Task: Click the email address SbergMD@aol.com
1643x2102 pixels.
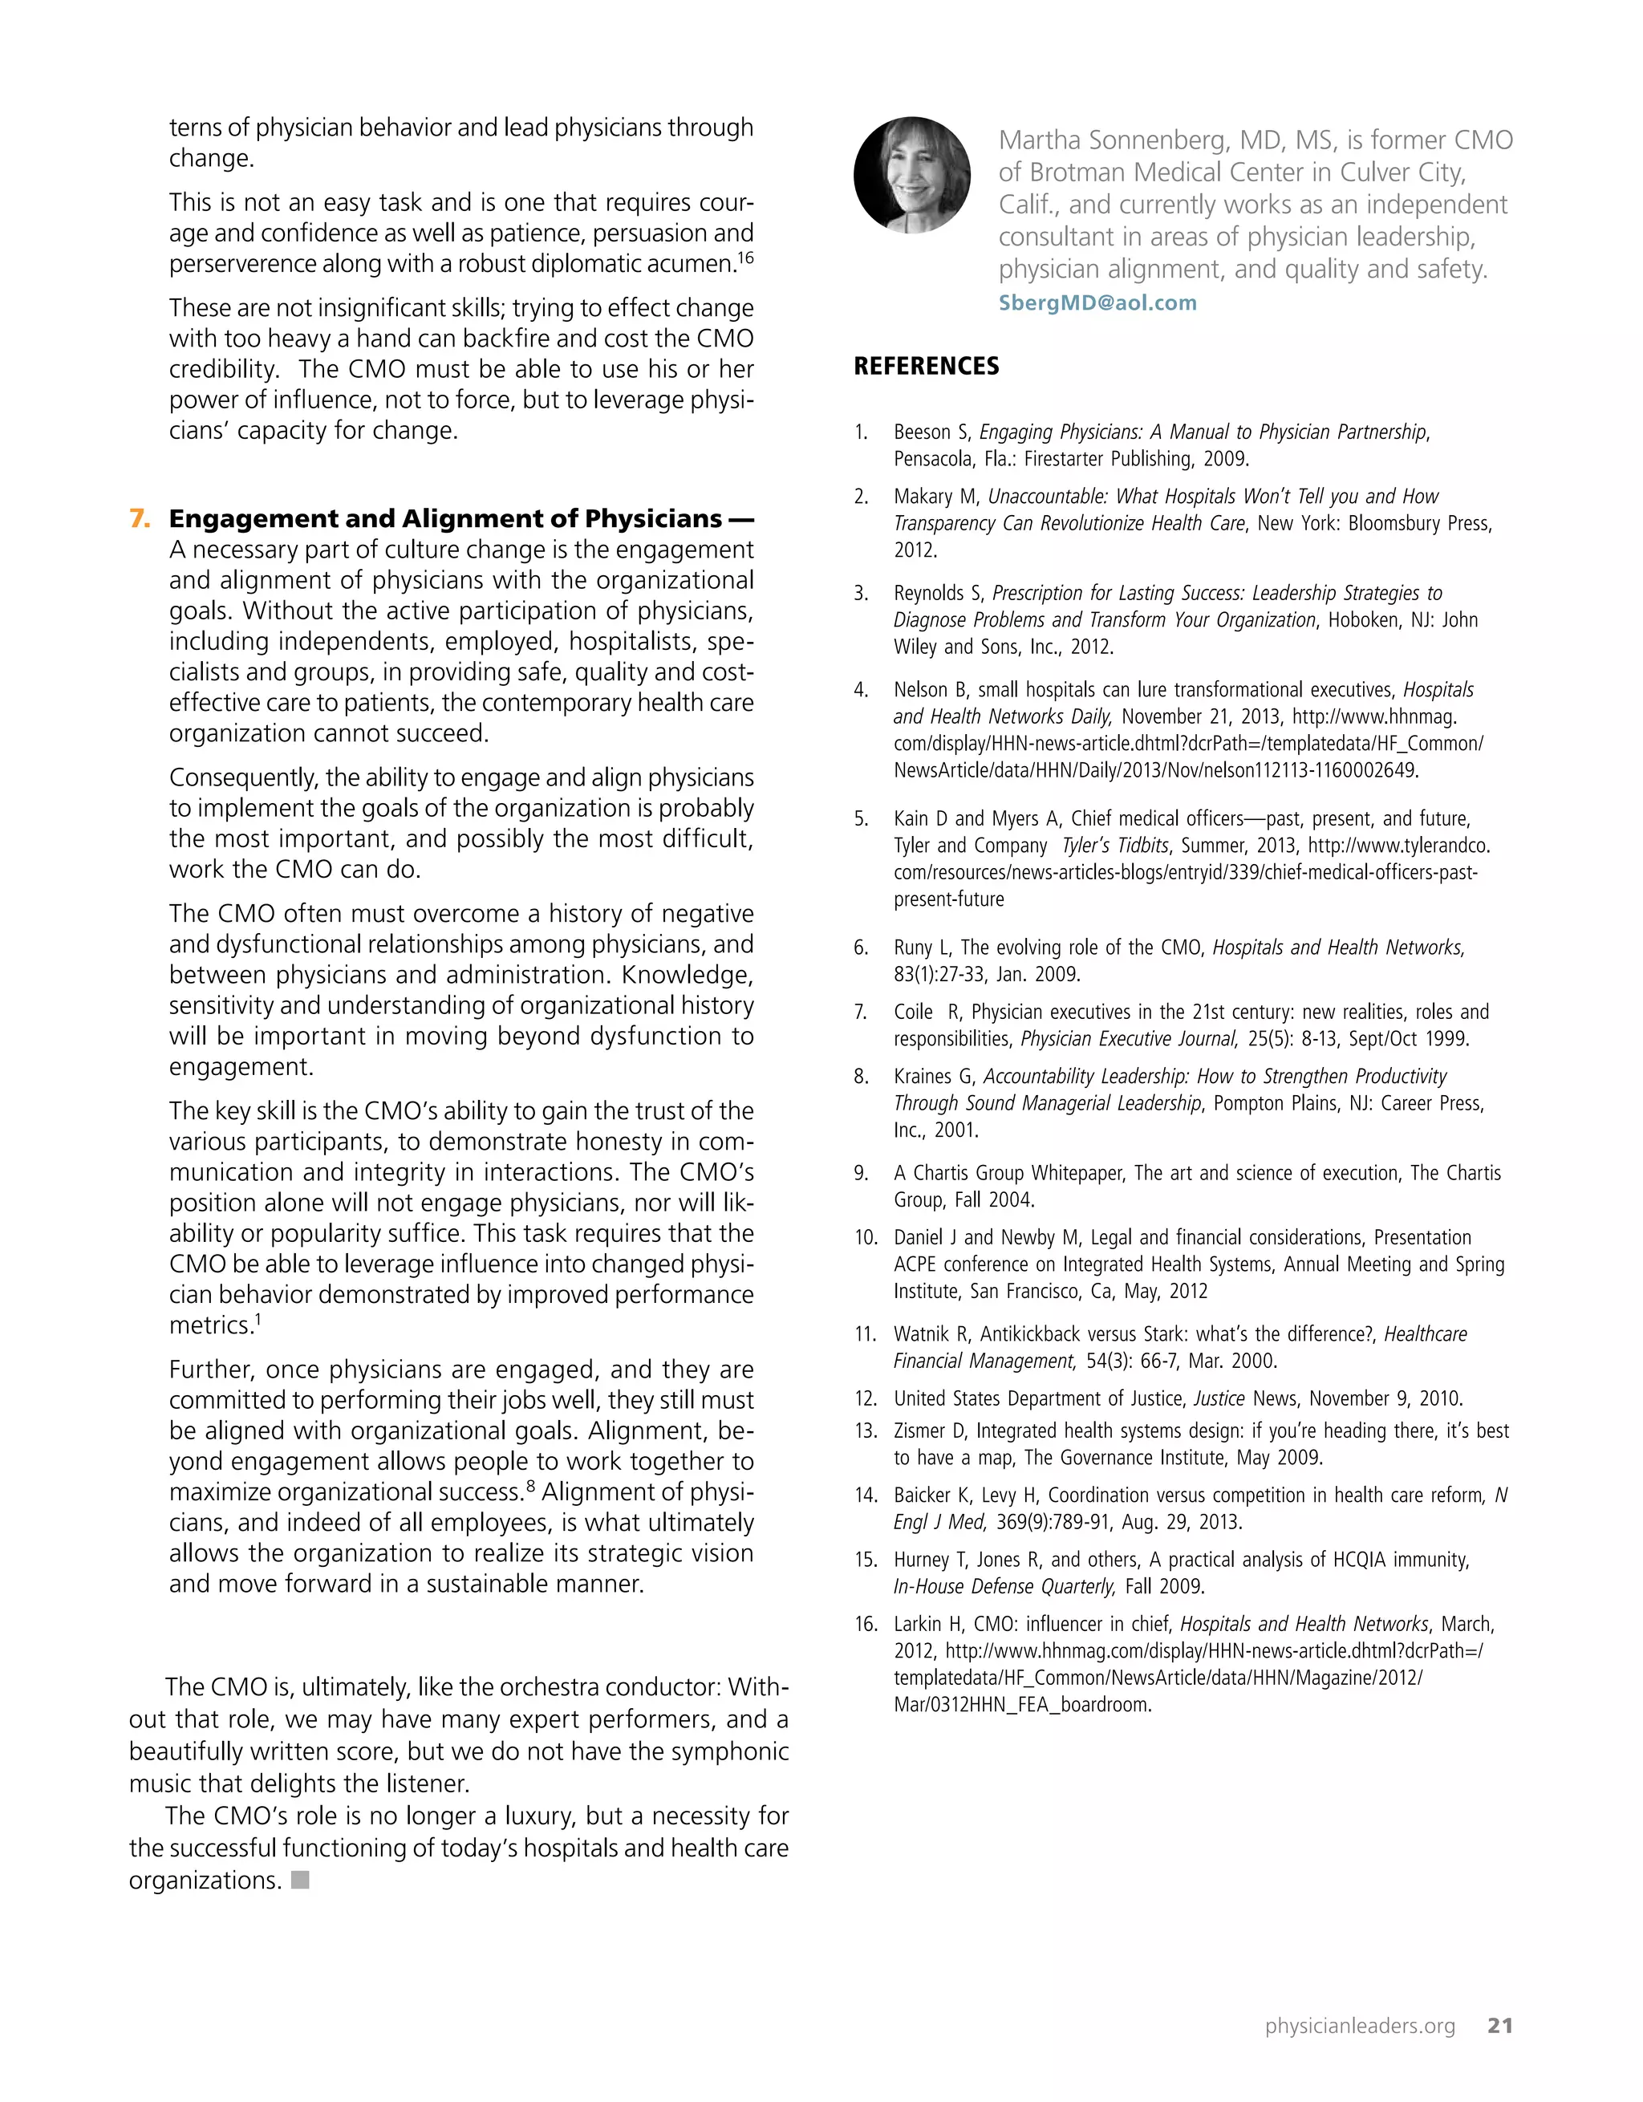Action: tap(1097, 303)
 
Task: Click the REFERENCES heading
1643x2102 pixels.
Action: tap(926, 367)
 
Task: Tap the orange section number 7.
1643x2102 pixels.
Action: tap(140, 519)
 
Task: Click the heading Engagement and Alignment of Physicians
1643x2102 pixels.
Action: tap(445, 519)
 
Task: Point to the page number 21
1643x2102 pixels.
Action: tap(1499, 2025)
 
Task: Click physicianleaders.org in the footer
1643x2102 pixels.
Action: tap(1359, 2026)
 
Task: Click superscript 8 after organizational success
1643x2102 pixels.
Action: tap(530, 1487)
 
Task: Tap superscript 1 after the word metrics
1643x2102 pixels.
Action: tap(258, 1320)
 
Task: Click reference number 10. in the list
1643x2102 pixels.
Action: tap(866, 1238)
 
